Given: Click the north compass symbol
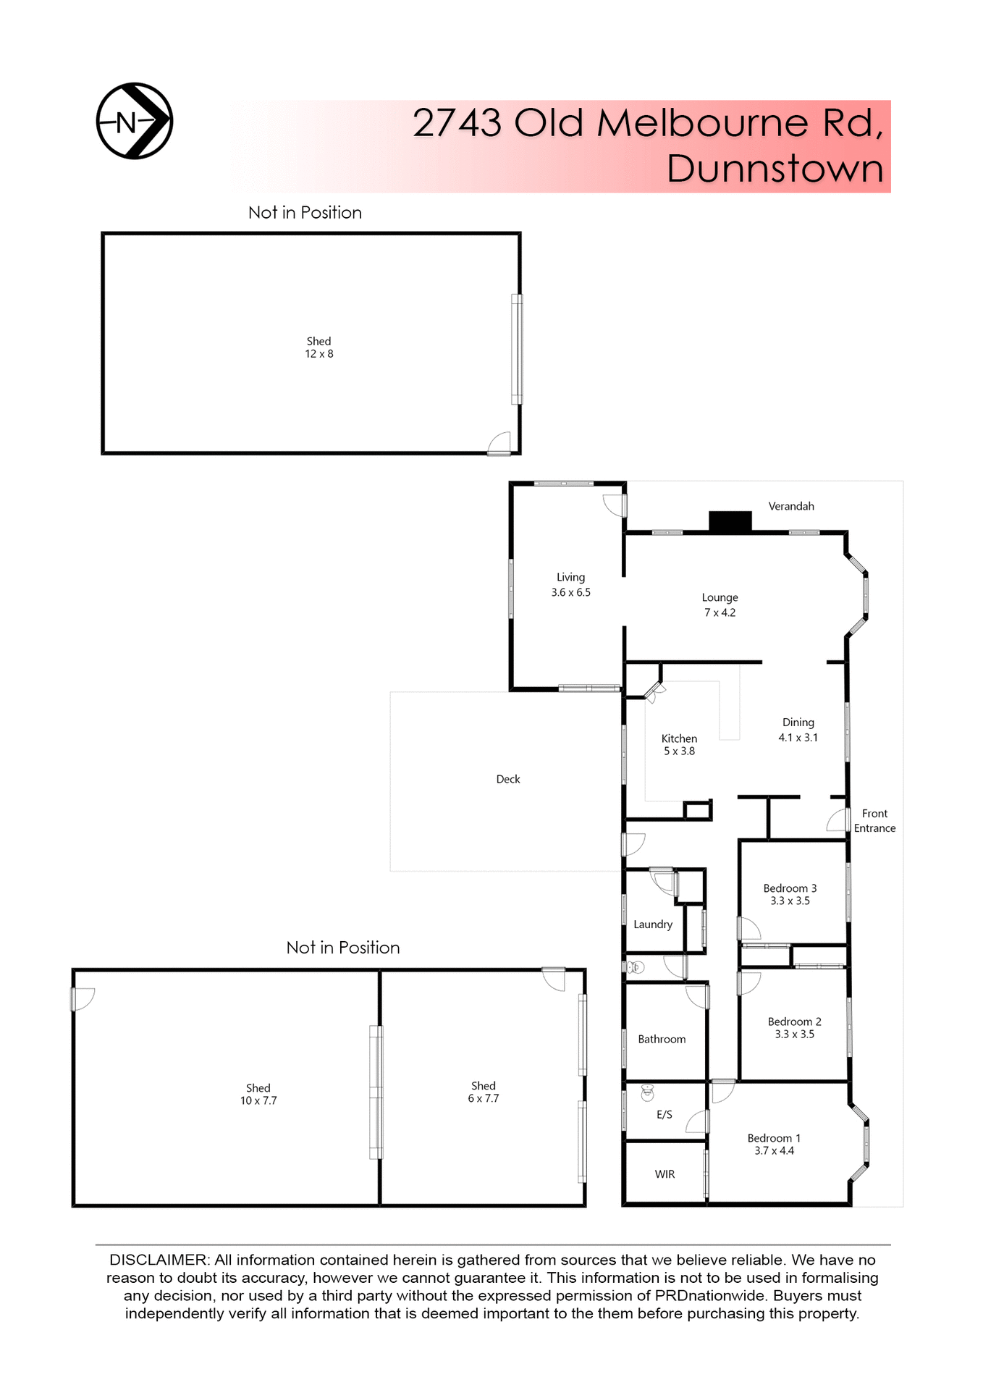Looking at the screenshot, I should click(135, 121).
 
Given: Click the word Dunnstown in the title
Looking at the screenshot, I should click(775, 169).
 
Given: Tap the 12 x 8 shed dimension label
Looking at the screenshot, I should click(319, 354).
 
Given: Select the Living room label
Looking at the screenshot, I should click(570, 578).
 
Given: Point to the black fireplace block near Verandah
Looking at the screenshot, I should click(730, 521).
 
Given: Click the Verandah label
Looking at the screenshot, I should click(791, 506).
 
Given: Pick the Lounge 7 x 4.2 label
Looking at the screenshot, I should click(720, 605).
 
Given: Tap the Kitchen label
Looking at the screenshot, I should click(679, 738).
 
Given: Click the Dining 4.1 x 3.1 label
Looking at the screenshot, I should click(798, 730).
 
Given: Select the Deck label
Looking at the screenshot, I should click(508, 779).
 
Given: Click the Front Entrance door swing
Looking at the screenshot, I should click(838, 821).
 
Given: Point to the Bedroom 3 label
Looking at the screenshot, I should click(790, 888).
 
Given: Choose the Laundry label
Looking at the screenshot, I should click(653, 924).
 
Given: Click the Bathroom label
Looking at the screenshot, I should click(662, 1039).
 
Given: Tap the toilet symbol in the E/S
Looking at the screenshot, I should click(647, 1092).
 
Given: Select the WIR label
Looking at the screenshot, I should click(665, 1174).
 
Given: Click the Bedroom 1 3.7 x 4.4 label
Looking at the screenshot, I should click(774, 1145).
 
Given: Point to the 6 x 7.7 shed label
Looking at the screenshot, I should click(483, 1092).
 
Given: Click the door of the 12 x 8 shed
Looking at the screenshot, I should click(499, 444).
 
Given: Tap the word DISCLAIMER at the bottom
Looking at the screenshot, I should click(158, 1260).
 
